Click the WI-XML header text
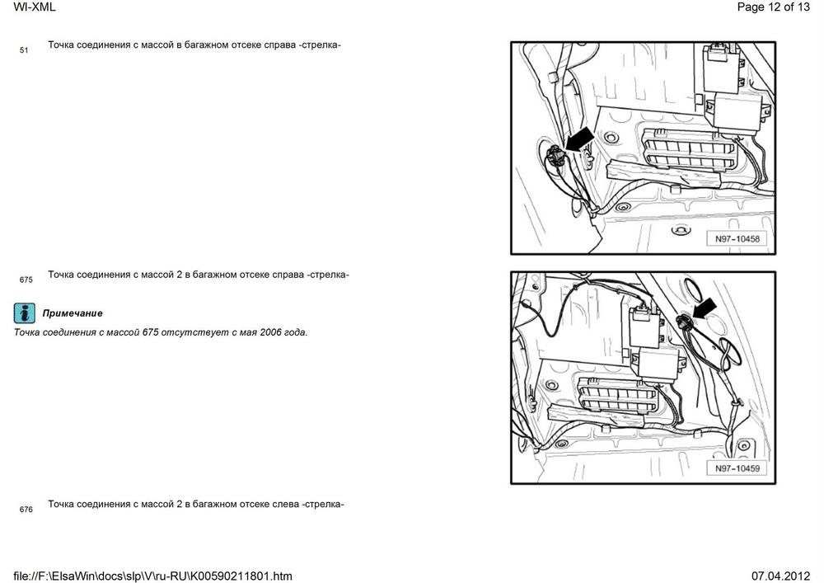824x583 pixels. [34, 7]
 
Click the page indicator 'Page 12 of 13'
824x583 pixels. [773, 7]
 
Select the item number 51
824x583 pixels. [24, 50]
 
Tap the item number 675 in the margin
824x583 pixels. [26, 280]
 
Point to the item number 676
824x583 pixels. [26, 510]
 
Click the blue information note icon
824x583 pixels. [24, 313]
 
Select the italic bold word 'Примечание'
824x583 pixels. [73, 313]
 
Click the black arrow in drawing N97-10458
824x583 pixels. [579, 140]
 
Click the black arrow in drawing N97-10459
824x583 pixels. [705, 308]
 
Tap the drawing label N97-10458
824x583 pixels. [737, 238]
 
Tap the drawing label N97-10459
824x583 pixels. [737, 468]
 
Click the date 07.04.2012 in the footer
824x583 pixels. [780, 576]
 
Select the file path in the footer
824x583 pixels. [152, 576]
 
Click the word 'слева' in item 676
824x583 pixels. [286, 504]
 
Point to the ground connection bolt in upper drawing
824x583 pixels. [555, 156]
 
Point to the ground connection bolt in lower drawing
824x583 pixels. [684, 322]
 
